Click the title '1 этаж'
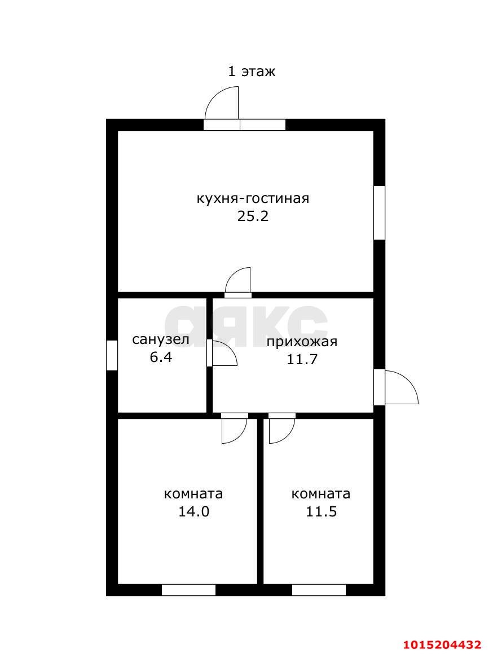pos(252,72)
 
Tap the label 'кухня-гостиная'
pos(253,198)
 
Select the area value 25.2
pos(253,216)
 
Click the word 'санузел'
pos(161,339)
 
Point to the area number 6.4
pos(161,357)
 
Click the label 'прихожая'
pos(302,342)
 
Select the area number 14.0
pos(193,512)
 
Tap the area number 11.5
pos(320,512)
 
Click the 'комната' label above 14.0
pos(193,494)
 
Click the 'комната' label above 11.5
pos(320,494)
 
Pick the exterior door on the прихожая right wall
pos(397,387)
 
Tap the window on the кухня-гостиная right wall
pos(380,213)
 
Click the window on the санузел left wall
pos(112,355)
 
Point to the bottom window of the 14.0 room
pos(188,590)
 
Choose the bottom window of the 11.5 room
pos(319,590)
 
